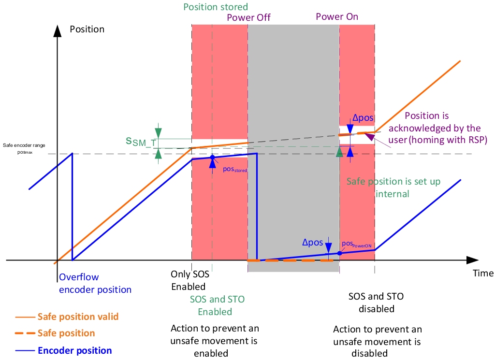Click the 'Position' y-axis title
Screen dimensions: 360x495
coord(87,29)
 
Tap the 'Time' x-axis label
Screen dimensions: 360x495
coord(483,273)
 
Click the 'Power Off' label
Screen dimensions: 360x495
coord(248,17)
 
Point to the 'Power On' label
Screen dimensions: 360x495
coord(337,16)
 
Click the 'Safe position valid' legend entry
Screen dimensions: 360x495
coord(78,317)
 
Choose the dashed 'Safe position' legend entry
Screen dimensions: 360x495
coord(66,333)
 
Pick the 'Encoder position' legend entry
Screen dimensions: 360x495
coord(74,351)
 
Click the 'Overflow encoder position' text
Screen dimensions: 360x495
coord(95,283)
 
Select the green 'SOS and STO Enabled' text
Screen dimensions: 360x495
coord(217,305)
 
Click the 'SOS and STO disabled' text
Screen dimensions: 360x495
coord(376,302)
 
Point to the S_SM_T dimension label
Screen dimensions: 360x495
coord(141,141)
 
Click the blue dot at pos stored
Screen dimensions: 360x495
coord(212,158)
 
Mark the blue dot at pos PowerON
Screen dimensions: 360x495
coord(339,253)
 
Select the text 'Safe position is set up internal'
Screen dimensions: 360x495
coord(384,187)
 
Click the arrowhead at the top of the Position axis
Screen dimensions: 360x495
coord(58,30)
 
